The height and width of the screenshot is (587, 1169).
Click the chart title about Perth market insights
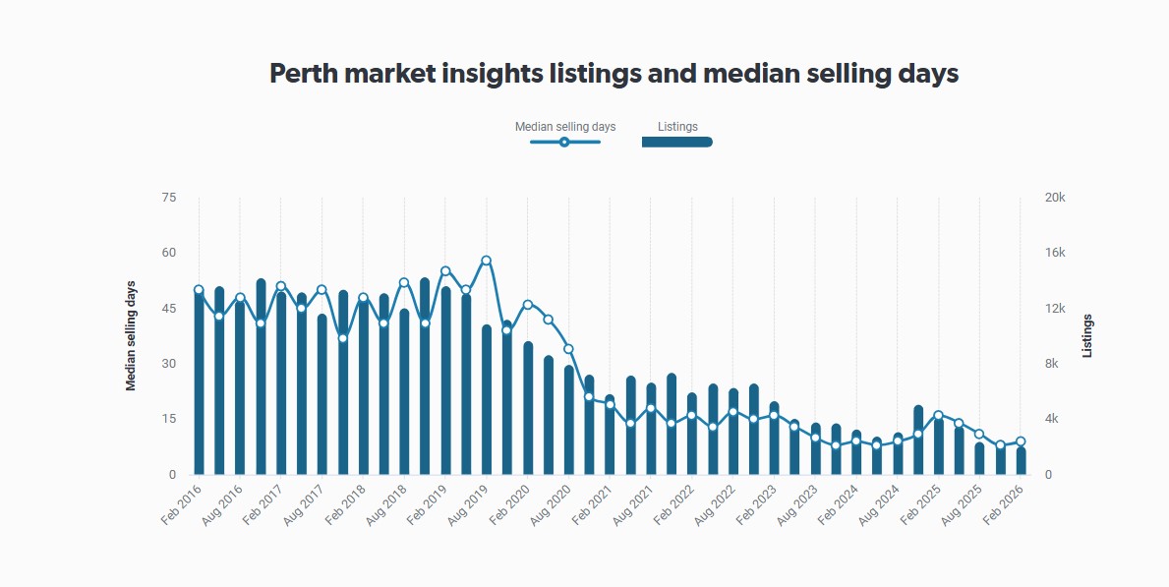[x=614, y=74]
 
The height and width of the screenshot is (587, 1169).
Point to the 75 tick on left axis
[x=168, y=198]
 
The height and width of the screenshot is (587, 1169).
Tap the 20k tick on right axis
[x=1055, y=198]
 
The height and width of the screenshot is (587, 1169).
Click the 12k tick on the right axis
[x=1055, y=309]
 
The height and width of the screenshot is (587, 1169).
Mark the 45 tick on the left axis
[x=168, y=309]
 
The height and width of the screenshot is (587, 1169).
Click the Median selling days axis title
[x=131, y=336]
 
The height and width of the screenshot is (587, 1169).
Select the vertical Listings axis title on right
[x=1087, y=336]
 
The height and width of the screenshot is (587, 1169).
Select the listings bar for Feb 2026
[x=1022, y=461]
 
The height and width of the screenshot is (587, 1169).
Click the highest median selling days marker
[x=487, y=261]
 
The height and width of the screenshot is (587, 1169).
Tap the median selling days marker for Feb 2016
[x=199, y=290]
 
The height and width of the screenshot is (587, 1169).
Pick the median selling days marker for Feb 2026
[x=1022, y=441]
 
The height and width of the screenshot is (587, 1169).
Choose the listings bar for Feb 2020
[x=528, y=409]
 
